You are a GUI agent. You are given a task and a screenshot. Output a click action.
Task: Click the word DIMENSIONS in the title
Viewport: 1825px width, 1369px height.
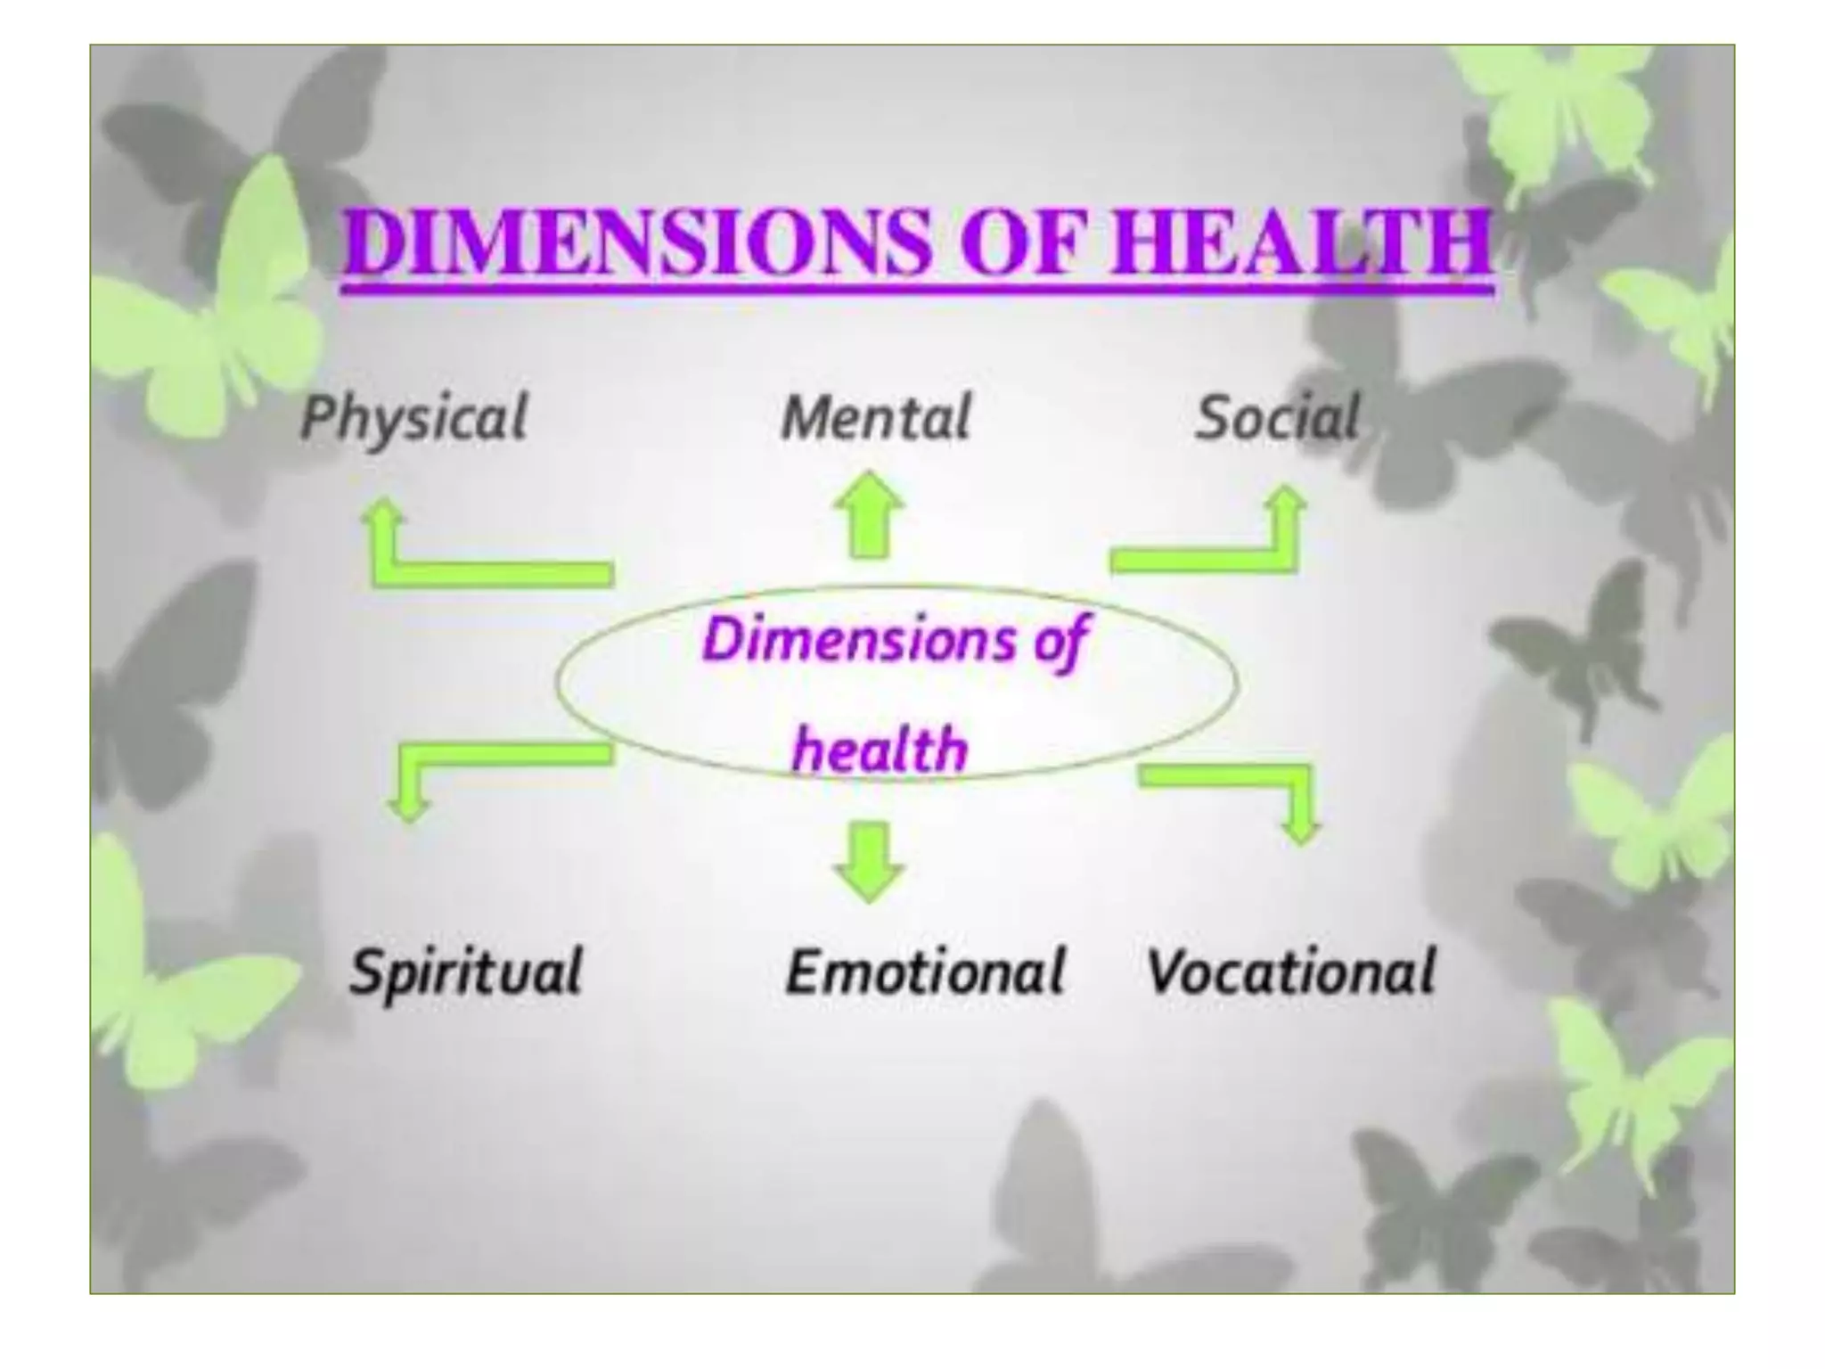pos(634,242)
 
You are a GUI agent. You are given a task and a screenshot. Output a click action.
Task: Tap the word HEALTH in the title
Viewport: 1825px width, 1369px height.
pos(1300,242)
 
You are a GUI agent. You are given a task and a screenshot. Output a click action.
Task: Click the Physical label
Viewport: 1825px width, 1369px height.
pos(413,419)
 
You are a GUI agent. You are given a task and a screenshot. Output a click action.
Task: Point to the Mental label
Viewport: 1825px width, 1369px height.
pos(875,418)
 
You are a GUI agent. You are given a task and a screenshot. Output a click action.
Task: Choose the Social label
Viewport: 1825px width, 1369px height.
pos(1277,418)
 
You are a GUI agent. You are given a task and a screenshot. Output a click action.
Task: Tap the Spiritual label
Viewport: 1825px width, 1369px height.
pos(465,971)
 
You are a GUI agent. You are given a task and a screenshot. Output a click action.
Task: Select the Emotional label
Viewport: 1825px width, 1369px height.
pos(925,971)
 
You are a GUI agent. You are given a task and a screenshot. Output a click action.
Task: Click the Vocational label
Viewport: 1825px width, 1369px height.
pos(1290,971)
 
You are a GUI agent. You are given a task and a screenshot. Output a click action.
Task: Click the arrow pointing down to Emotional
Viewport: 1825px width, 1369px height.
pos(869,860)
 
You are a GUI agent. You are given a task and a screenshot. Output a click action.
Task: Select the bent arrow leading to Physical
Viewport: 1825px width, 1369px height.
pos(472,562)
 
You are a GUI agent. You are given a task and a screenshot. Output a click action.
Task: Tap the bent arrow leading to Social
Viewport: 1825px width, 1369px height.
pos(1221,548)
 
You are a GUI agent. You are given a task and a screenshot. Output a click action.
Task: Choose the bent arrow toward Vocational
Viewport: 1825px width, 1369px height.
pos(1248,784)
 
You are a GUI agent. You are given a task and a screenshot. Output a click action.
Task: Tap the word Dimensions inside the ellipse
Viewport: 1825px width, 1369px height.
pos(859,640)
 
